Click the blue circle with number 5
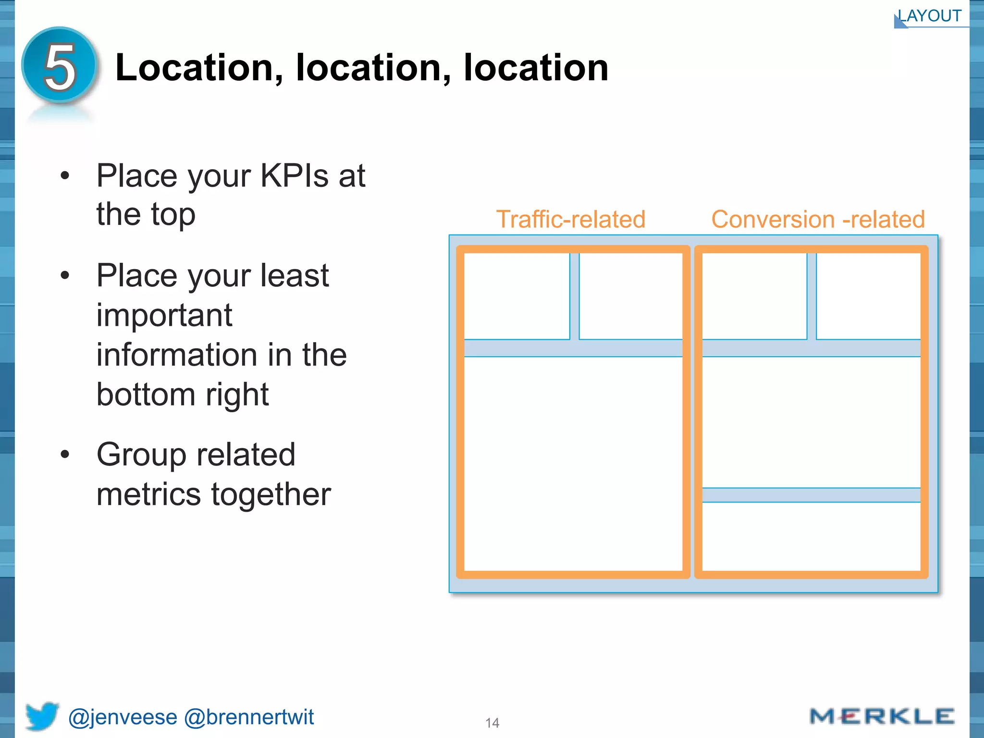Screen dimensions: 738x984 click(60, 66)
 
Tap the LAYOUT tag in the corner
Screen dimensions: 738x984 click(930, 16)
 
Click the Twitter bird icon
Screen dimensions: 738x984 click(42, 716)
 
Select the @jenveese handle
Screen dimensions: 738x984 click(123, 717)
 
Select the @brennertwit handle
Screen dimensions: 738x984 click(249, 717)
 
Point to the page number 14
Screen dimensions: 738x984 click(492, 723)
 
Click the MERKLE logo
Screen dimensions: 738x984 click(882, 716)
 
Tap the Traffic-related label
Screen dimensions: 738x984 click(570, 220)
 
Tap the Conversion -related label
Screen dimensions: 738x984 click(818, 220)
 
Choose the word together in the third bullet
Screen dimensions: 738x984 click(271, 494)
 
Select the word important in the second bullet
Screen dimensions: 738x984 click(164, 316)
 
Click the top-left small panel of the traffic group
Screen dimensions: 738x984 click(517, 296)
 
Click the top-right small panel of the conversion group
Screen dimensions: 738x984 click(868, 296)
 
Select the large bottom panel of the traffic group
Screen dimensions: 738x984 click(573, 463)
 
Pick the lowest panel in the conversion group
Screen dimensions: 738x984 click(811, 536)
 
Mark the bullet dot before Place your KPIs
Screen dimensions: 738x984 click(65, 176)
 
